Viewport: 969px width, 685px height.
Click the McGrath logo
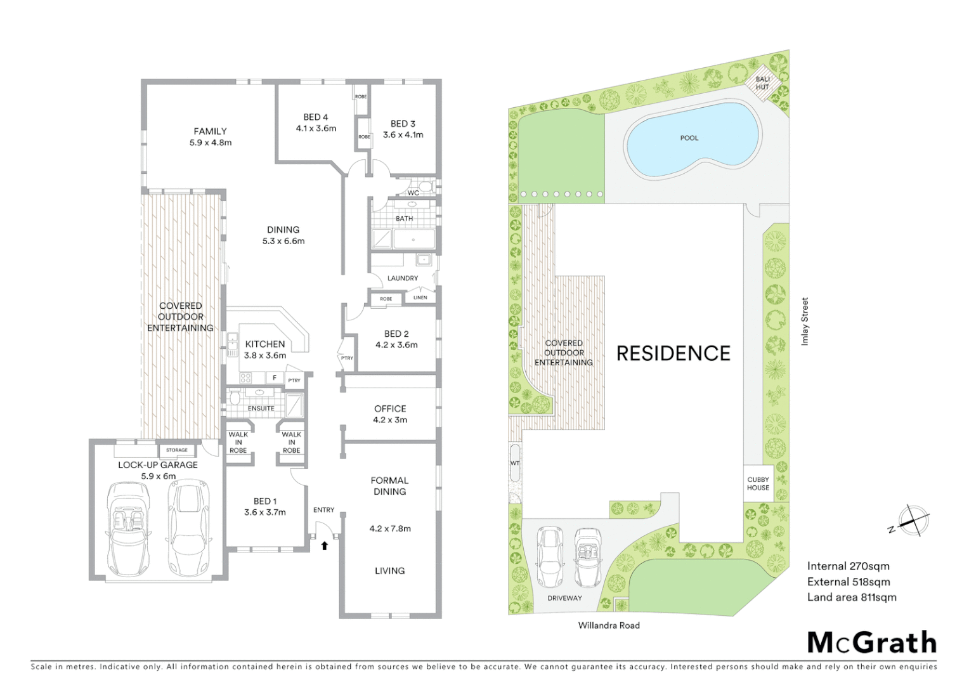point(872,643)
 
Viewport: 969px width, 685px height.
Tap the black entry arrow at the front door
point(325,545)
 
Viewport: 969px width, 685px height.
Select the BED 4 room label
point(316,117)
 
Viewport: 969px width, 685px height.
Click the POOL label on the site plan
point(689,138)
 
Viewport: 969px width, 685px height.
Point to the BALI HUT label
point(762,83)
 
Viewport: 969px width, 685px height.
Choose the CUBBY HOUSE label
point(758,484)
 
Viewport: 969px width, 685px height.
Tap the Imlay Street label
point(805,322)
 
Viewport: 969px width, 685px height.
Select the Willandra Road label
point(609,625)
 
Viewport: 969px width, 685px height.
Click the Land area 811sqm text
point(852,597)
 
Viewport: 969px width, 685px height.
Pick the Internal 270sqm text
point(848,566)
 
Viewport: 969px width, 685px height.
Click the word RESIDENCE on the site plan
point(673,354)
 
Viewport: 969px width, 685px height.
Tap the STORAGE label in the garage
point(177,450)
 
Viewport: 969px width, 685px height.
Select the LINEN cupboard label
point(420,297)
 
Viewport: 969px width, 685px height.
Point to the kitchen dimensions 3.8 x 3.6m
point(265,356)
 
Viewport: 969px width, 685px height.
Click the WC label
point(413,193)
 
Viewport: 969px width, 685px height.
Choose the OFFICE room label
point(390,409)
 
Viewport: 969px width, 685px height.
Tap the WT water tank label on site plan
point(515,464)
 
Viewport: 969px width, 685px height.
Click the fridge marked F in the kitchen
point(275,378)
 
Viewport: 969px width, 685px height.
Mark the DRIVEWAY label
point(564,598)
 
